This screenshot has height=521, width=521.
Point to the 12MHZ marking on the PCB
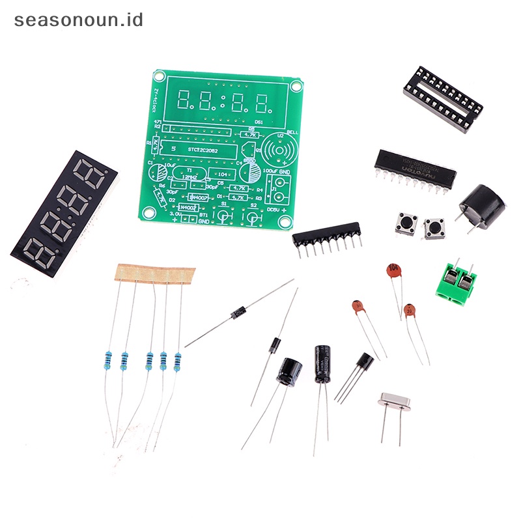point(190,176)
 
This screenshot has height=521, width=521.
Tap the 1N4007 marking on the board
point(197,196)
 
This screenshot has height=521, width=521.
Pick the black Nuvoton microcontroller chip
point(415,168)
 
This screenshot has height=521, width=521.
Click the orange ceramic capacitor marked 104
point(393,270)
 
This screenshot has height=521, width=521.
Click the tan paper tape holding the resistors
point(154,272)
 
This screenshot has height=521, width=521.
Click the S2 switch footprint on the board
point(253,216)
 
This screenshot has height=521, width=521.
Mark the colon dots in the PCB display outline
point(223,100)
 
